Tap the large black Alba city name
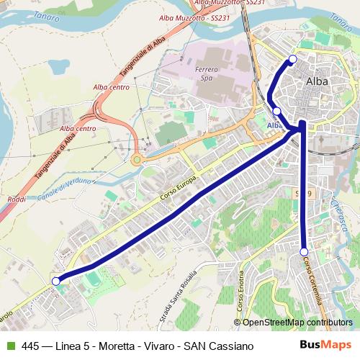pyautogui.click(x=318, y=81)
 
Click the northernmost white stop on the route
pyautogui.click(x=292, y=59)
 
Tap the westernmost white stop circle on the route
pyautogui.click(x=55, y=282)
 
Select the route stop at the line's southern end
pyautogui.click(x=304, y=251)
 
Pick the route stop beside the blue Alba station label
pyautogui.click(x=277, y=111)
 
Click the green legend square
pyautogui.click(x=11, y=346)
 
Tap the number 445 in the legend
pyautogui.click(x=31, y=346)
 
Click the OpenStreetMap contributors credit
pyautogui.click(x=297, y=322)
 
